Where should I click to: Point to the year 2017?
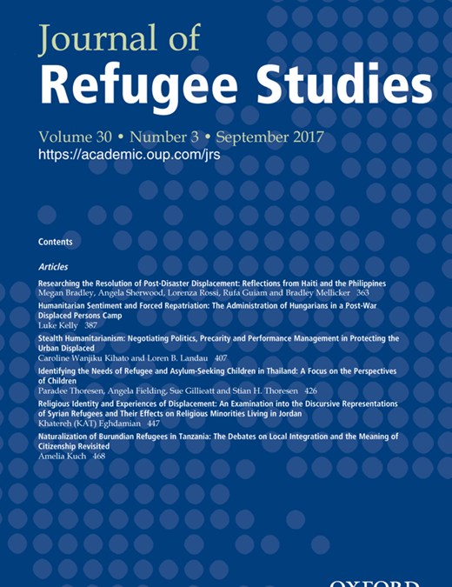pos(303,137)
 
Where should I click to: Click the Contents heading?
pos(56,242)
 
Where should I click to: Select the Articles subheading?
pos(53,266)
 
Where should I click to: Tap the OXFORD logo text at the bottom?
pos(376,583)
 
